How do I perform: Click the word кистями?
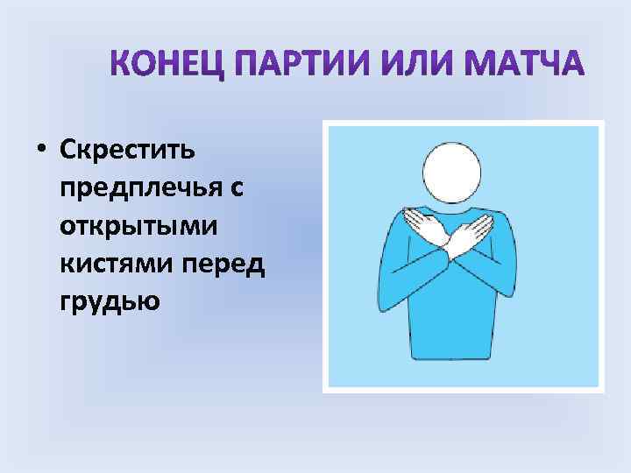click(x=109, y=262)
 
